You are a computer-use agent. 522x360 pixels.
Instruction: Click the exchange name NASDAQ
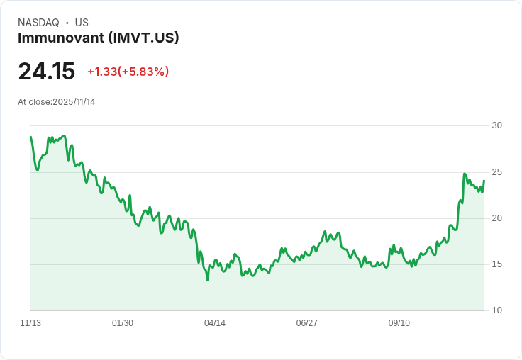(x=38, y=23)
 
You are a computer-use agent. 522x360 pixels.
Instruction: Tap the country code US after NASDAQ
(x=82, y=23)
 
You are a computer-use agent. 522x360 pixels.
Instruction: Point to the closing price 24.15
(x=46, y=72)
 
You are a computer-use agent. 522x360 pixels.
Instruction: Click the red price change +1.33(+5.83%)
(x=128, y=72)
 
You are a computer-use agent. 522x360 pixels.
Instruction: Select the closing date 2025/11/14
(x=74, y=102)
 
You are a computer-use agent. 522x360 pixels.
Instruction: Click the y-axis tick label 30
(x=496, y=125)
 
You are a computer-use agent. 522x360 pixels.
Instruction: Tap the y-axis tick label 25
(x=496, y=171)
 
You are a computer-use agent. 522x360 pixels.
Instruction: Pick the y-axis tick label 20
(x=496, y=218)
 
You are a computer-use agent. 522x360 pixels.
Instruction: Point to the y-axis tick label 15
(x=496, y=264)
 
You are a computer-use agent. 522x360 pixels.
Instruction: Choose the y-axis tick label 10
(x=496, y=310)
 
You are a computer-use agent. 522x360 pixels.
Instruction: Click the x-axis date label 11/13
(x=30, y=323)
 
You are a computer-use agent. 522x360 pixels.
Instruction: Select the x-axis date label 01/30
(x=123, y=323)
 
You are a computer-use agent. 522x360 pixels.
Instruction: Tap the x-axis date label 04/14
(x=215, y=323)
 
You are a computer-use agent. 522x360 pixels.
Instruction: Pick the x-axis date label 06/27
(x=307, y=323)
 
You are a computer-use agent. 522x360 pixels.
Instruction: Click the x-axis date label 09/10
(x=399, y=323)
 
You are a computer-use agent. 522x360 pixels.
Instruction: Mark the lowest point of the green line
(x=207, y=280)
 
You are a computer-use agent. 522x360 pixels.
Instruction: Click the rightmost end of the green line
(x=484, y=180)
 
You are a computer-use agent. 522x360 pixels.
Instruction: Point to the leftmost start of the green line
(x=30, y=137)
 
